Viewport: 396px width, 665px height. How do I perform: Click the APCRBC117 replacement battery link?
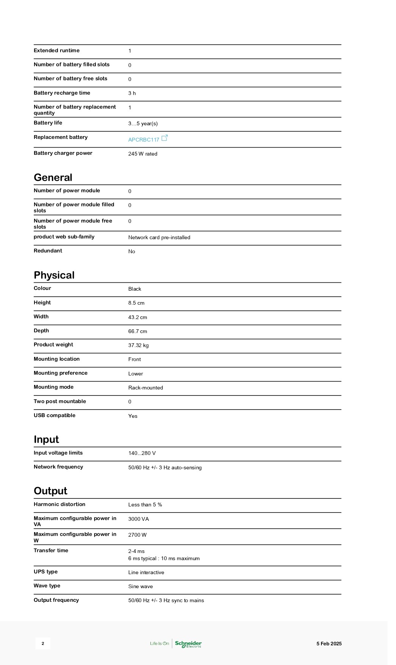click(143, 140)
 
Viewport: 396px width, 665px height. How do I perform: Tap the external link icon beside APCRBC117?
click(165, 138)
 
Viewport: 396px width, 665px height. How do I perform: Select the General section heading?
click(53, 178)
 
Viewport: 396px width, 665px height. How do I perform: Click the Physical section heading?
click(54, 275)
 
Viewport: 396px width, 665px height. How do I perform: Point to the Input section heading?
click(46, 439)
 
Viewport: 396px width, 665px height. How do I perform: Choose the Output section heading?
click(50, 491)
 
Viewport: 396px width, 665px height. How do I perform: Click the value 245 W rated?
click(143, 154)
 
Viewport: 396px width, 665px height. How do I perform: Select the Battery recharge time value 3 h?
click(132, 93)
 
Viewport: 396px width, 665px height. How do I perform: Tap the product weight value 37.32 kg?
click(138, 345)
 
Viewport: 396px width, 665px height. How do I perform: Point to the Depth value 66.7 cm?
click(137, 331)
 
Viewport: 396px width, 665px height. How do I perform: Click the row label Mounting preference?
click(61, 373)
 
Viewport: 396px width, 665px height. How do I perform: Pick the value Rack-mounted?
click(145, 388)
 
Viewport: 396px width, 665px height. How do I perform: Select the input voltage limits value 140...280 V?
click(142, 453)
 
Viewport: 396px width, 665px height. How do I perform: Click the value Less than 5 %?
click(145, 505)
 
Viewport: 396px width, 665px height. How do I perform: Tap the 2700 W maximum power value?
click(137, 535)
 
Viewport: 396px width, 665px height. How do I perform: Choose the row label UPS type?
click(46, 572)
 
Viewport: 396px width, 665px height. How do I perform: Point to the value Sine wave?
click(140, 586)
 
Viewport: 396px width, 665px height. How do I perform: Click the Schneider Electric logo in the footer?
click(188, 644)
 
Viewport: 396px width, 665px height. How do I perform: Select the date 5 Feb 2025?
click(329, 643)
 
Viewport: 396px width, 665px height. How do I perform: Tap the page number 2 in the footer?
click(43, 643)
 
